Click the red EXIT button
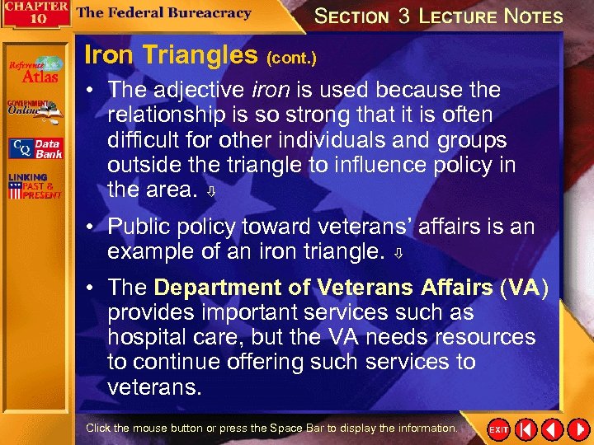[499, 430]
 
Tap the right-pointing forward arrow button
[575, 430]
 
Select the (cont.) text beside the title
[290, 59]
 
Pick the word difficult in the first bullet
[142, 140]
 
